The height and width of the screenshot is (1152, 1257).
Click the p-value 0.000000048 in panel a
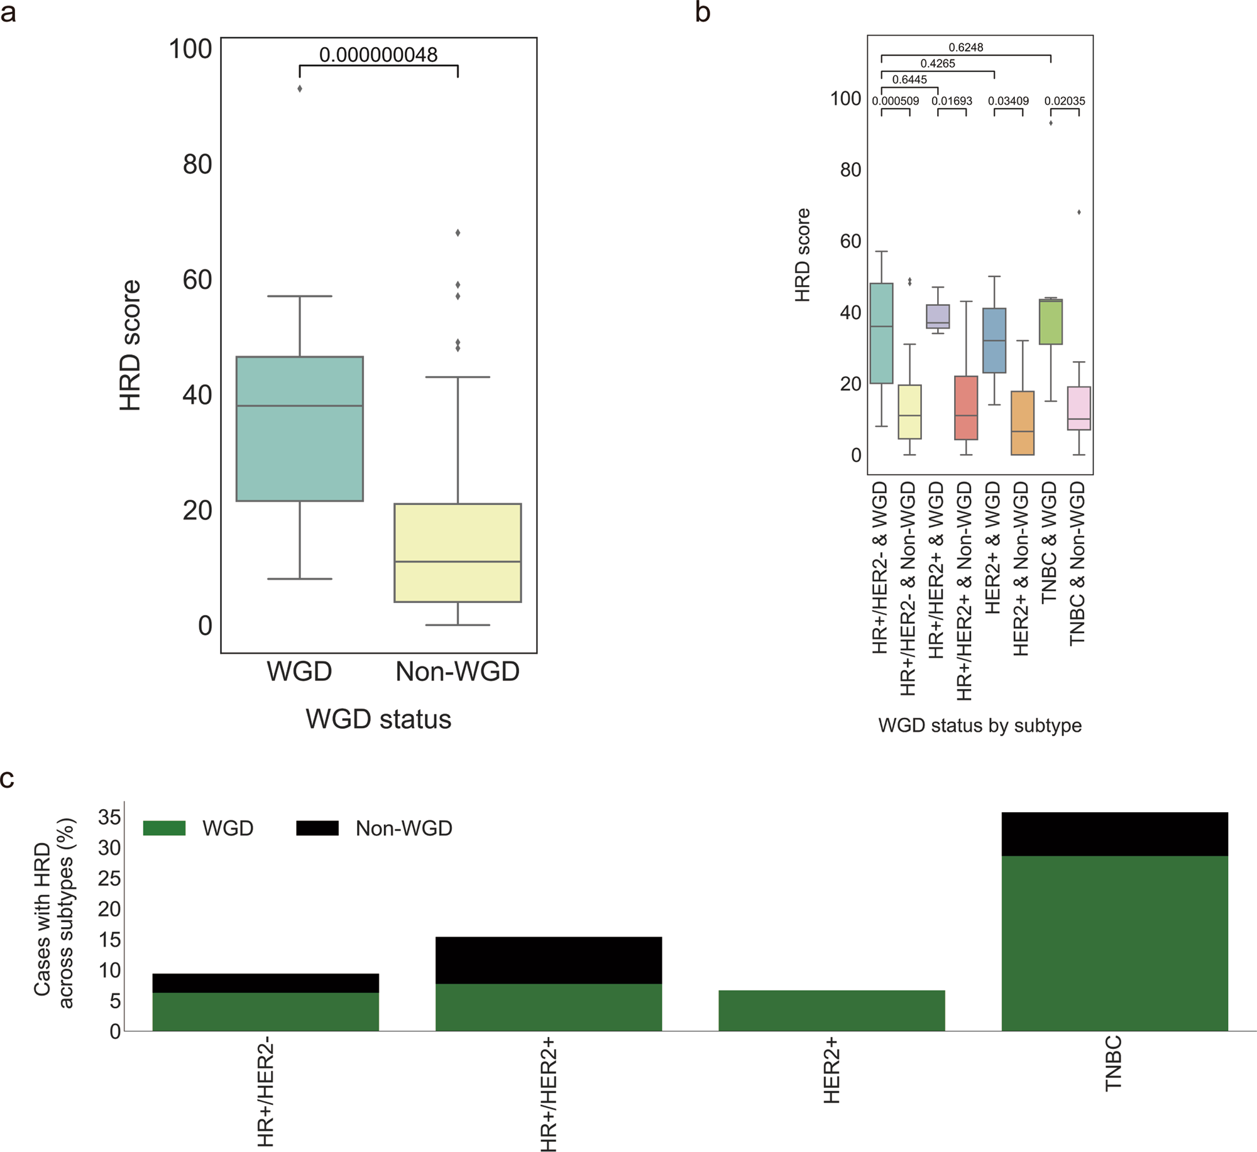(x=378, y=55)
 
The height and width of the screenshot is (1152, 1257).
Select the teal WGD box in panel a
(x=300, y=428)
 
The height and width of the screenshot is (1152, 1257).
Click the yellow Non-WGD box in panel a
(x=458, y=553)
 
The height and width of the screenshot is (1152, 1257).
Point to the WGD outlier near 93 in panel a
(x=300, y=89)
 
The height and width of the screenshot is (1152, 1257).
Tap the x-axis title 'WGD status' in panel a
(x=378, y=719)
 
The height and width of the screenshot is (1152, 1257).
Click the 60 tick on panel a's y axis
(x=197, y=280)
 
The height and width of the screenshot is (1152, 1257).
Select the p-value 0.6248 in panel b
(x=965, y=47)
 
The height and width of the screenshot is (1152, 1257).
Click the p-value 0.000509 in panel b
(x=895, y=101)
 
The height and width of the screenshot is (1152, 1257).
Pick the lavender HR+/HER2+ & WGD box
(x=938, y=316)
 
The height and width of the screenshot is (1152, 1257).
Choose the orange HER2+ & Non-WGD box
(x=1023, y=423)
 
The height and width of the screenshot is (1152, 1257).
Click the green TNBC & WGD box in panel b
(x=1051, y=322)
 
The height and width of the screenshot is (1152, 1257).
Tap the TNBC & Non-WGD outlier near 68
(x=1079, y=212)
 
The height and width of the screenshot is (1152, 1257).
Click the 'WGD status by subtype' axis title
(x=980, y=725)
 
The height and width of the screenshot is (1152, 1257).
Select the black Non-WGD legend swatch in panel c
(x=317, y=828)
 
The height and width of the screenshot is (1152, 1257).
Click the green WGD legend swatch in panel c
(x=164, y=828)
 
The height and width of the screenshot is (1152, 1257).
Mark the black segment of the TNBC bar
(x=1114, y=834)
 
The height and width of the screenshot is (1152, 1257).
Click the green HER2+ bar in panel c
(x=832, y=1010)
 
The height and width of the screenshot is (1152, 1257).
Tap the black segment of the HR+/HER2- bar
(x=265, y=982)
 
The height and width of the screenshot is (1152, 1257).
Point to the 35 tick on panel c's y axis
(x=109, y=817)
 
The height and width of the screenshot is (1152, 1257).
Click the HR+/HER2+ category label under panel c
(x=548, y=1094)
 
